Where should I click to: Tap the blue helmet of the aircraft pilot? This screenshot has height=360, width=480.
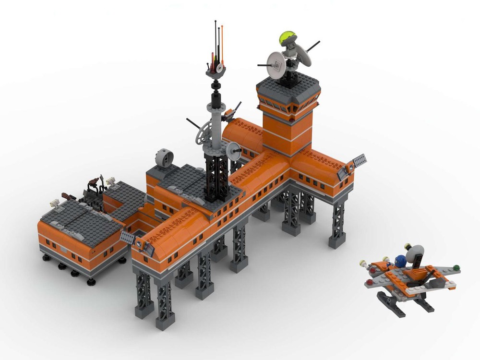pyautogui.click(x=399, y=261)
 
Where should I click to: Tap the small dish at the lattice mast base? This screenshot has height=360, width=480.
pyautogui.click(x=234, y=151)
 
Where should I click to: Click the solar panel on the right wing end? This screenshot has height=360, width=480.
pyautogui.click(x=359, y=160)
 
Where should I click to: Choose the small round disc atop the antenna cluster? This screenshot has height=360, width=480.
pyautogui.click(x=219, y=68)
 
